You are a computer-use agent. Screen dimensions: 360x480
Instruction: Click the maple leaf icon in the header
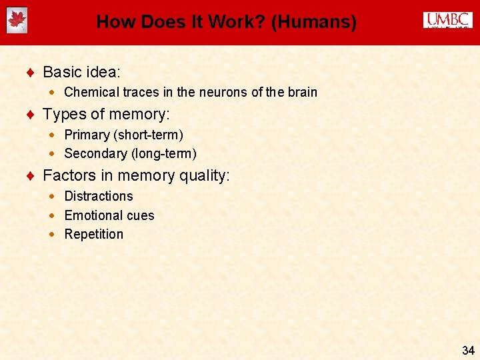pos(17,21)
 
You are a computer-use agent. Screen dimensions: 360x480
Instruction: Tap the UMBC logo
pos(447,21)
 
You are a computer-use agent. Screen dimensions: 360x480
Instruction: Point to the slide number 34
pos(467,350)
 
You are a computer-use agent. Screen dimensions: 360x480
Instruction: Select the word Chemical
pos(91,92)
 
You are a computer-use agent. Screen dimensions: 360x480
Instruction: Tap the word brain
pos(302,92)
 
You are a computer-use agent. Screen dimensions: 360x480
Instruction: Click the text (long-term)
pos(164,153)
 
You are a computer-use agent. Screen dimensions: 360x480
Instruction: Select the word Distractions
pos(99,196)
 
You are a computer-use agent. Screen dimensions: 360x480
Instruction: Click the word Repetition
pos(94,234)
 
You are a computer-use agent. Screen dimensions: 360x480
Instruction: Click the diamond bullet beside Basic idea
pos(31,72)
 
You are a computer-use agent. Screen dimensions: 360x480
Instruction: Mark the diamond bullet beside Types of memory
pos(31,115)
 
